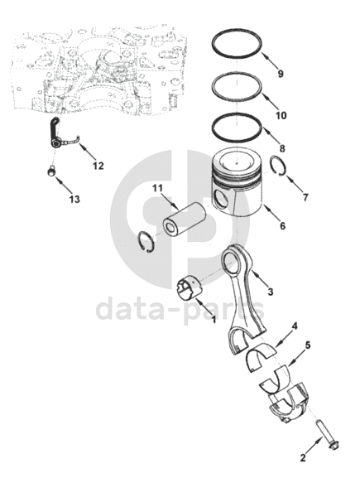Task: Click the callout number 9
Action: coord(281,74)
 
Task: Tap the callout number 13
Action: coord(74,199)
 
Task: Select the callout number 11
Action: coord(158,188)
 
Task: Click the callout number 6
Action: coord(283,226)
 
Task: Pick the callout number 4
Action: coord(295,326)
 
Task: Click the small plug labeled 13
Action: coord(51,171)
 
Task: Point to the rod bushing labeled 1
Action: coord(190,287)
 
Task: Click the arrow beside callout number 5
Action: coord(296,356)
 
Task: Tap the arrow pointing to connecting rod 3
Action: coord(261,278)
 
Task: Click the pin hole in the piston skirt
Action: coord(221,199)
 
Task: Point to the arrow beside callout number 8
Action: coord(271,135)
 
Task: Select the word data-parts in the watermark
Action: coord(180,309)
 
